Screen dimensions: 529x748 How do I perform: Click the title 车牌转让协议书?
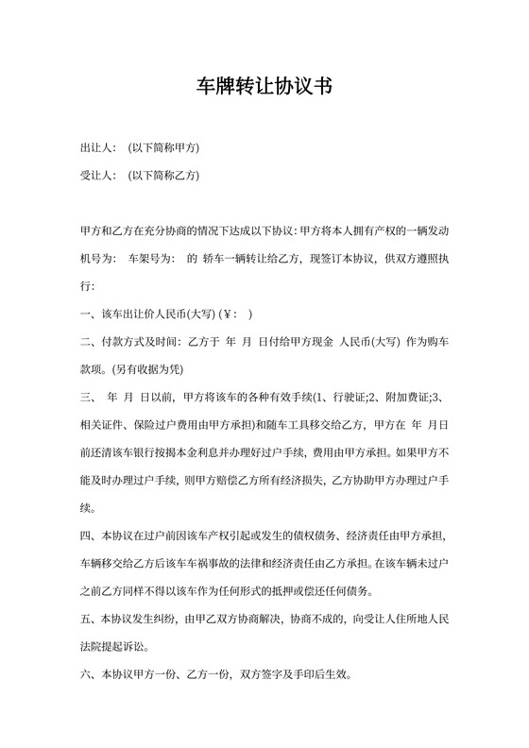tap(264, 87)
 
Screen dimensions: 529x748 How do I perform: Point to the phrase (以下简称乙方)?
tap(163, 176)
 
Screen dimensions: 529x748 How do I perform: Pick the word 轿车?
tap(213, 258)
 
